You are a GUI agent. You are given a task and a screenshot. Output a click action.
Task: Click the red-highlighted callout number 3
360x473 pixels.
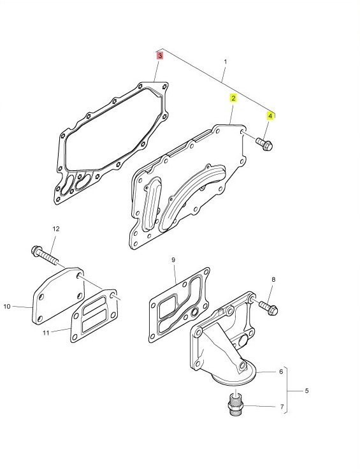pos(160,56)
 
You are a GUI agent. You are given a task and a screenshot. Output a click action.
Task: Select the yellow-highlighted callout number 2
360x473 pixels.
pos(233,98)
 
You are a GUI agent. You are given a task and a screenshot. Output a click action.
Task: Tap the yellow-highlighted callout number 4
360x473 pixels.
pos(270,116)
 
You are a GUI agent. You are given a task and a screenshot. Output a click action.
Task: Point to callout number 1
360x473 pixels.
pos(225,62)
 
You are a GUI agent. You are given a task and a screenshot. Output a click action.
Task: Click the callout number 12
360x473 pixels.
pos(56,229)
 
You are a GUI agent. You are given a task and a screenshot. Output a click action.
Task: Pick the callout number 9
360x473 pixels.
pos(173,259)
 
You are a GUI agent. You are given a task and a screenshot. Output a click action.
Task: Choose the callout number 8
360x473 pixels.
pos(273,280)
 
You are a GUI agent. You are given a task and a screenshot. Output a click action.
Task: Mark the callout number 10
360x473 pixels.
pos(7,307)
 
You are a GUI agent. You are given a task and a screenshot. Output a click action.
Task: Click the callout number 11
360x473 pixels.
pos(45,333)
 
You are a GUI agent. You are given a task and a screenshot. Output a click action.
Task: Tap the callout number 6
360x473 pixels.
pos(281,372)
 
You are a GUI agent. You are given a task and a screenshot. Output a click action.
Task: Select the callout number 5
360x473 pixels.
pos(306,391)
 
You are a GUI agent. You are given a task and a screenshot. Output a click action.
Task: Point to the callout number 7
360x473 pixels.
pos(282,407)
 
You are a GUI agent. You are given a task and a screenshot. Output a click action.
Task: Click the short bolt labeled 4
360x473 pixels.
pos(264,144)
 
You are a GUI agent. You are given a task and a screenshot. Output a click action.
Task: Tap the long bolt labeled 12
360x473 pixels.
pos(45,255)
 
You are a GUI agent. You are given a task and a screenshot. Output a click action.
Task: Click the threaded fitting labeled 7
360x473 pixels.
pos(236,403)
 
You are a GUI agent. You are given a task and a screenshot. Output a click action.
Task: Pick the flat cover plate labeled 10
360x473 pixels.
pos(58,296)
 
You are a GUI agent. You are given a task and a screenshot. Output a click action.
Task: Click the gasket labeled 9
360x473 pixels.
pos(179,305)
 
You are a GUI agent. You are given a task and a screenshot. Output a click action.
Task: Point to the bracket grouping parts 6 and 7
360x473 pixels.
pos(286,390)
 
